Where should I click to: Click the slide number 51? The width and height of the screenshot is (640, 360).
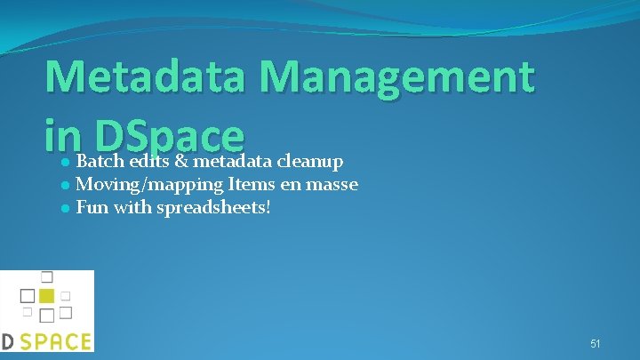coord(596,343)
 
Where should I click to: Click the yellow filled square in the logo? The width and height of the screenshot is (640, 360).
coord(46,295)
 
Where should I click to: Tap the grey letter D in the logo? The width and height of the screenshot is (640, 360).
coord(6,341)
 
